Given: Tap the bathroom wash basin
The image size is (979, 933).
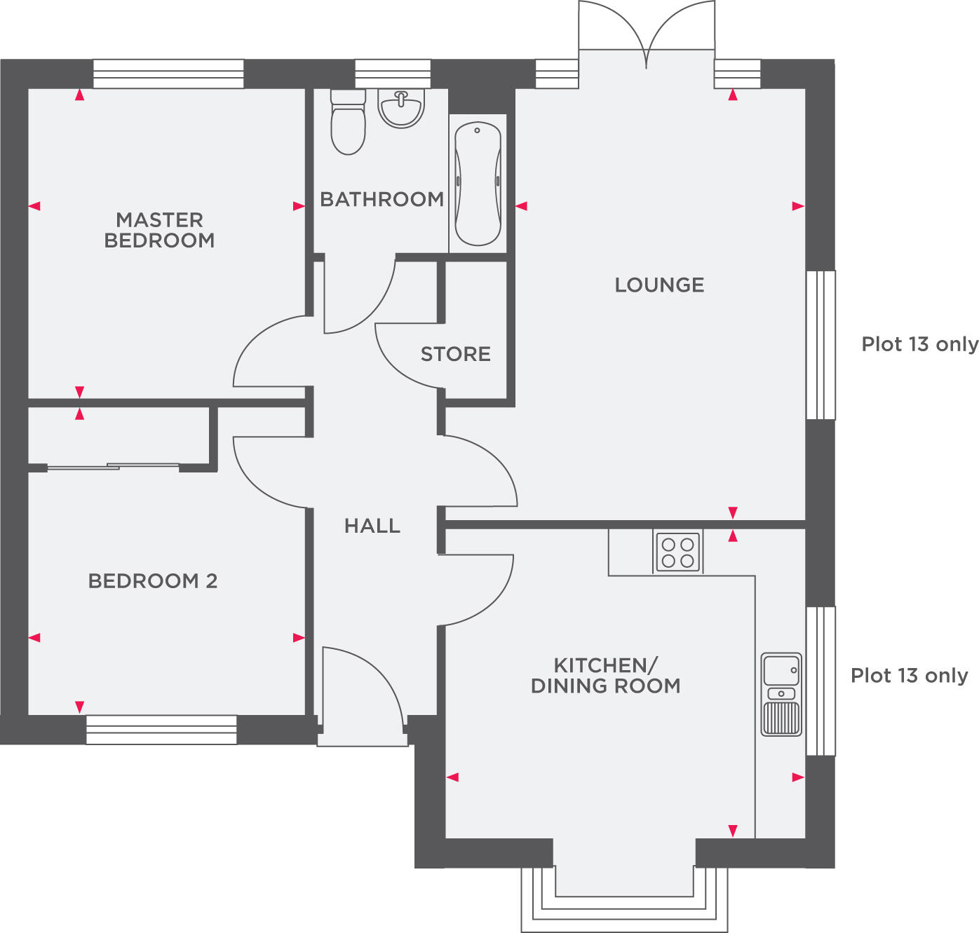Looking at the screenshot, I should point(401,109).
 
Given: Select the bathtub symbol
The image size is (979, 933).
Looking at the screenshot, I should point(478,184).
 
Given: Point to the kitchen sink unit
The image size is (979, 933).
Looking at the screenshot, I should point(781,695).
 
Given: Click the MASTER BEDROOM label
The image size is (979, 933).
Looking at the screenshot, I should point(159,230).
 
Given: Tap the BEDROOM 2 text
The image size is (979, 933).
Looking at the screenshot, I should point(152,580).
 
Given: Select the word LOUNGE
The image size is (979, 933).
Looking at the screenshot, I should point(659,285).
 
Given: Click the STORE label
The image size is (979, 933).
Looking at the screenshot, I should point(455,354).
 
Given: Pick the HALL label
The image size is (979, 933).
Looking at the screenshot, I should point(372,526).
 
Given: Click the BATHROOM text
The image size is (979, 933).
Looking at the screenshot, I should point(382,199).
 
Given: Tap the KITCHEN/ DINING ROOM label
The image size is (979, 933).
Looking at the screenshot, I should point(605,675).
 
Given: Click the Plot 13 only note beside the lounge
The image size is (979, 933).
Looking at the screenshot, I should point(919,344).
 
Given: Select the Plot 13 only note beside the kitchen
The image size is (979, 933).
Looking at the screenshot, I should point(909,675).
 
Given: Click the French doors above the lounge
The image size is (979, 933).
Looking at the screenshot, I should point(646,32).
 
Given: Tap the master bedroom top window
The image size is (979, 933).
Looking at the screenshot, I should point(168,74).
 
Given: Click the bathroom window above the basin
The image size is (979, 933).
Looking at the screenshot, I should point(392,74).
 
